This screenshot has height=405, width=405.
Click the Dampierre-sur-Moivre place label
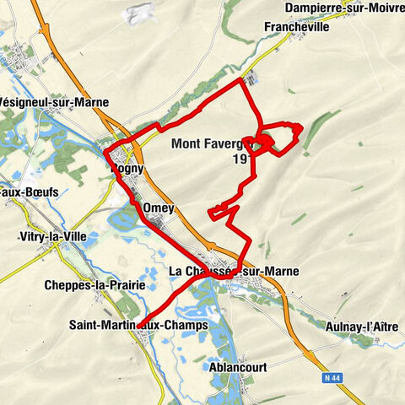click(x=344, y=8)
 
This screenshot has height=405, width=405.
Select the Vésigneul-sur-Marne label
click(x=56, y=103)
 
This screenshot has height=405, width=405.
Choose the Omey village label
click(x=159, y=208)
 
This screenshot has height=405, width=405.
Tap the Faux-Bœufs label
click(x=29, y=192)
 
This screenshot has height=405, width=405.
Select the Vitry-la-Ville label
click(x=55, y=238)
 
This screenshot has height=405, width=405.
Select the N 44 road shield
click(x=334, y=379)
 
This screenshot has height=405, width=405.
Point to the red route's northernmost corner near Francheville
click(x=242, y=80)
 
